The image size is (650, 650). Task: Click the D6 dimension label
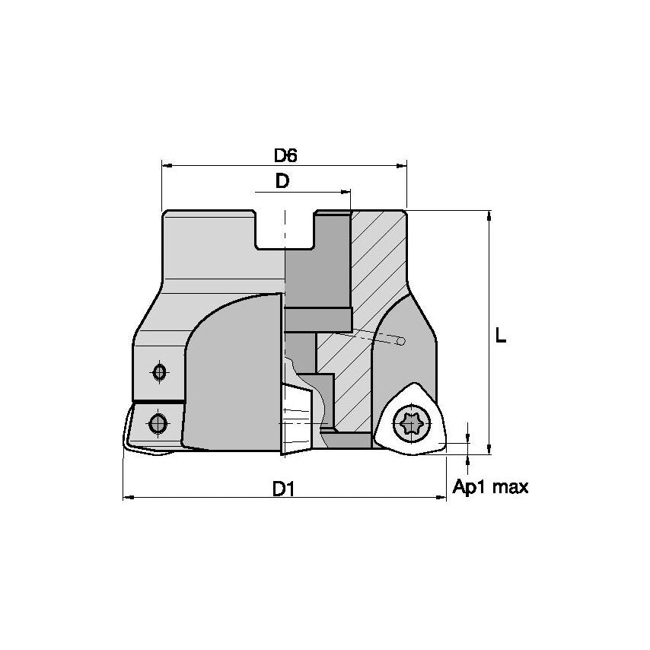click(285, 155)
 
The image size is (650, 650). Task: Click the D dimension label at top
click(282, 181)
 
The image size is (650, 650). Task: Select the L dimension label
click(500, 336)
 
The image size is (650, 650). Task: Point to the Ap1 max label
click(490, 487)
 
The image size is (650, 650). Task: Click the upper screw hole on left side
click(159, 372)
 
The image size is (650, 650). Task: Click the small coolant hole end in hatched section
click(401, 343)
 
